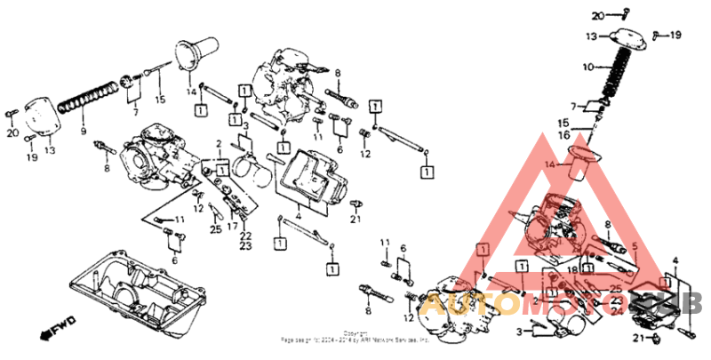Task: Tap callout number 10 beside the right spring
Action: point(587,67)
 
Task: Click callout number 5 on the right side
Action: point(634,245)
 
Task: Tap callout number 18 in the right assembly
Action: point(573,269)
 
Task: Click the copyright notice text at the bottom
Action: point(355,336)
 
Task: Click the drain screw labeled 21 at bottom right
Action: point(655,339)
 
